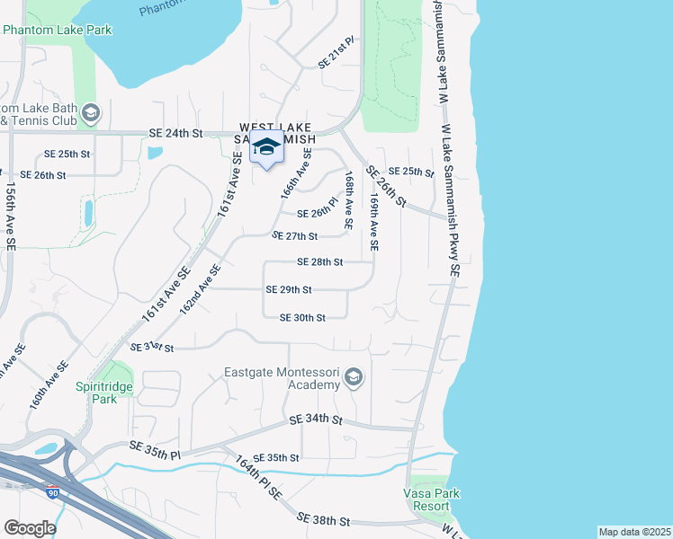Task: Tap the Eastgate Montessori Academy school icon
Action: [354, 377]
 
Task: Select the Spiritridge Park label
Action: [117, 393]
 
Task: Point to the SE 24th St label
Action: [177, 133]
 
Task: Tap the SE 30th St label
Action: [301, 317]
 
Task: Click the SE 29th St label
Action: [289, 289]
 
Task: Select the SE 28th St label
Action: [320, 262]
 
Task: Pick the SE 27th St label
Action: [295, 235]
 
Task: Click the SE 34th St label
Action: [316, 420]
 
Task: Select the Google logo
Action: [30, 528]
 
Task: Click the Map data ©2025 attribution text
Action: [633, 532]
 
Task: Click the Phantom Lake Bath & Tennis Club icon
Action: [90, 113]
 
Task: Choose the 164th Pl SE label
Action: [259, 478]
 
